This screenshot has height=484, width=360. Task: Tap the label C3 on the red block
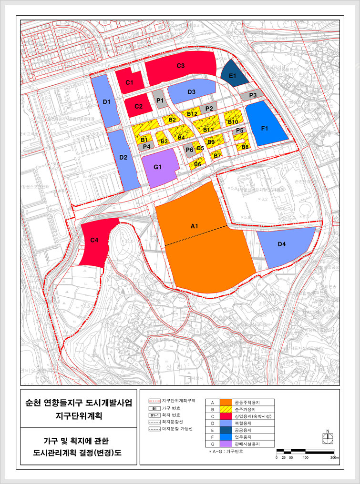pyautogui.click(x=181, y=66)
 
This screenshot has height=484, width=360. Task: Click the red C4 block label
pyautogui.click(x=95, y=241)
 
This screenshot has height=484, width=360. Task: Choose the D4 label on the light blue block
pyautogui.click(x=282, y=244)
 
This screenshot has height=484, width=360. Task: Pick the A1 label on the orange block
pyautogui.click(x=194, y=226)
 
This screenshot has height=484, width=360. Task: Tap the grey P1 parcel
pyautogui.click(x=160, y=101)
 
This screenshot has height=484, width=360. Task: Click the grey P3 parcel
pyautogui.click(x=253, y=95)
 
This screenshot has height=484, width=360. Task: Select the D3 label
pyautogui.click(x=192, y=92)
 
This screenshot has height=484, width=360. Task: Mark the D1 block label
pyautogui.click(x=107, y=101)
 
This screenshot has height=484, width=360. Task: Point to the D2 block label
pyautogui.click(x=123, y=157)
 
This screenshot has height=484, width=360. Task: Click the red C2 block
pyautogui.click(x=139, y=107)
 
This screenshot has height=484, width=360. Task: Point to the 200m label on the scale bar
pyautogui.click(x=334, y=457)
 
